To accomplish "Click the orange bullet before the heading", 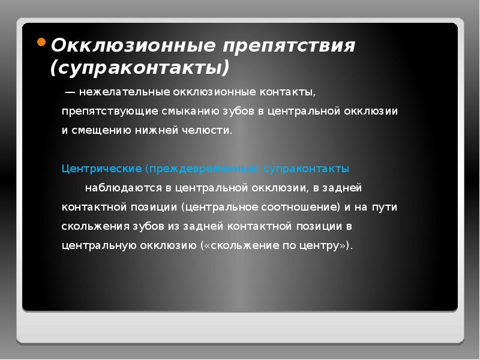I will point(41,43).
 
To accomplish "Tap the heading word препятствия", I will point(290,46).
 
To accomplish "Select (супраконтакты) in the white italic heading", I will point(140,67).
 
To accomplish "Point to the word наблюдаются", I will point(122,188).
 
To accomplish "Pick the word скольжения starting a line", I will point(92,226).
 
